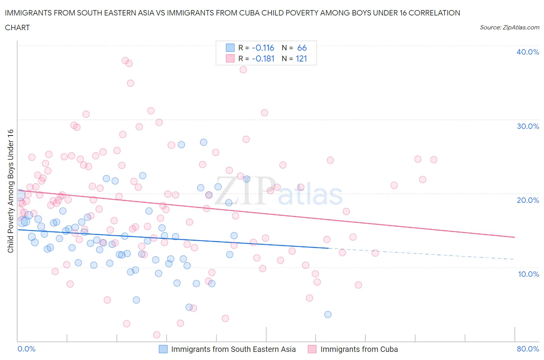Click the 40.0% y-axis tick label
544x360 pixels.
(x=528, y=52)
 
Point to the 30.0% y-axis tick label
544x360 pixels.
(x=528, y=126)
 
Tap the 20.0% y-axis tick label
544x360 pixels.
(x=528, y=200)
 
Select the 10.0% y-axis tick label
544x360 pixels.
(x=528, y=274)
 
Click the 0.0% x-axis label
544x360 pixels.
(x=26, y=349)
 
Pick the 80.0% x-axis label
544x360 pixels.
(x=528, y=349)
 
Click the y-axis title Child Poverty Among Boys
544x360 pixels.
(x=10, y=191)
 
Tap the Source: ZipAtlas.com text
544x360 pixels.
(x=509, y=27)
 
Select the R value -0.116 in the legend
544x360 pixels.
(x=263, y=48)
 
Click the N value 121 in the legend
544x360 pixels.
(x=301, y=58)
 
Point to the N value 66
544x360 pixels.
(x=302, y=48)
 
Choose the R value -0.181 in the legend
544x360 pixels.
(x=263, y=58)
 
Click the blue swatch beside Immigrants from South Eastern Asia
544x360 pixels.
(x=163, y=349)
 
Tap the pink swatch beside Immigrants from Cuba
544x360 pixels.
(x=312, y=349)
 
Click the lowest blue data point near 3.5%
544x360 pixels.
(x=328, y=314)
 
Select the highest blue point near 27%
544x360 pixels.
(x=204, y=142)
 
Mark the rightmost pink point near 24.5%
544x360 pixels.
(x=434, y=159)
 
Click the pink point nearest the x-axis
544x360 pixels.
(x=157, y=334)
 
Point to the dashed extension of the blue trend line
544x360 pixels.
(x=422, y=254)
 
